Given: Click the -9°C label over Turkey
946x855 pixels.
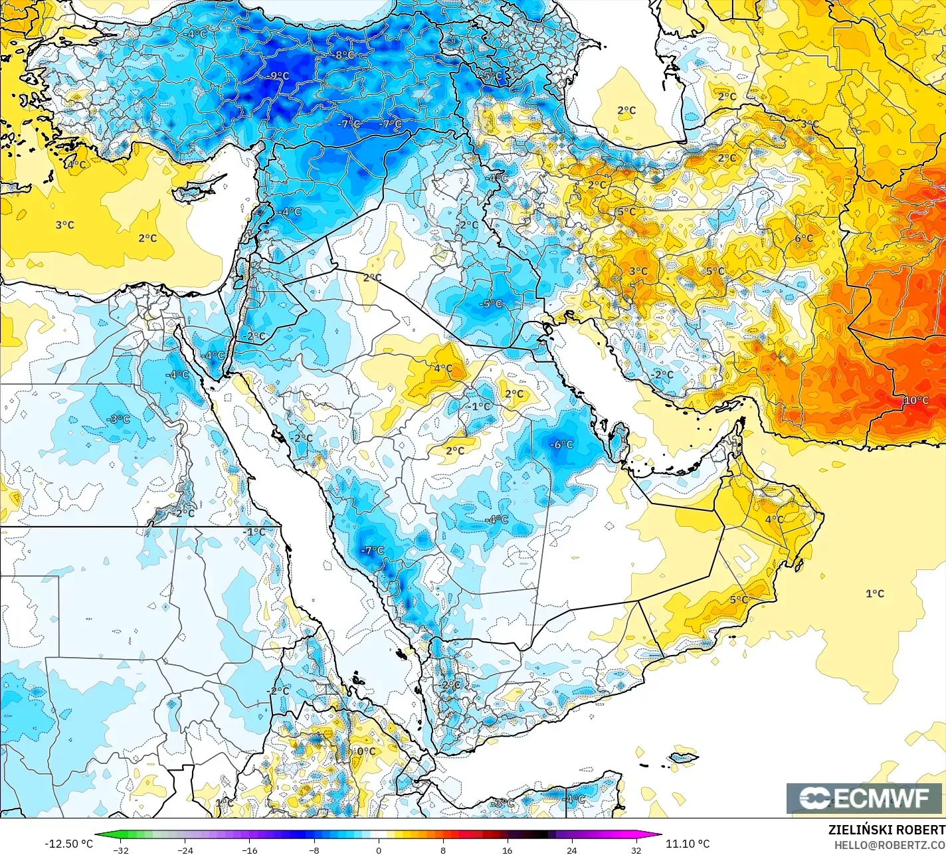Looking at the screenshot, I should [278, 76].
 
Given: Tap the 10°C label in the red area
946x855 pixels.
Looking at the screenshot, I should [915, 400].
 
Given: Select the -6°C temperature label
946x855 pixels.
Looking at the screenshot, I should [562, 444].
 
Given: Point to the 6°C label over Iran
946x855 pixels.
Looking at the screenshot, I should [804, 238].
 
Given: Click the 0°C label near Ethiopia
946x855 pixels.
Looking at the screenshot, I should [366, 751].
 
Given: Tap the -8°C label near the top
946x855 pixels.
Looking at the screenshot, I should [344, 55].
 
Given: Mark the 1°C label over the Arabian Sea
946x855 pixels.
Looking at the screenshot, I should [875, 593].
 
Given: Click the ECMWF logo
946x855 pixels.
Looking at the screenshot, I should [864, 799].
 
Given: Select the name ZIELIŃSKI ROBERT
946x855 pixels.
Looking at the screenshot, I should [886, 830].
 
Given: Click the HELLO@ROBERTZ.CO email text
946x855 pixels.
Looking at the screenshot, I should [890, 844].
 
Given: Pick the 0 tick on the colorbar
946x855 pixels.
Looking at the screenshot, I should [378, 850].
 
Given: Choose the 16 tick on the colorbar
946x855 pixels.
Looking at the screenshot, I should [507, 850].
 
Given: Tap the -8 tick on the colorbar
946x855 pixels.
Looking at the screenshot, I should [314, 850].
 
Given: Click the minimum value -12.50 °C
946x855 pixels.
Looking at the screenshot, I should [69, 844].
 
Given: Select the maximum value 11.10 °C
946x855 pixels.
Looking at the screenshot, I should [688, 844].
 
